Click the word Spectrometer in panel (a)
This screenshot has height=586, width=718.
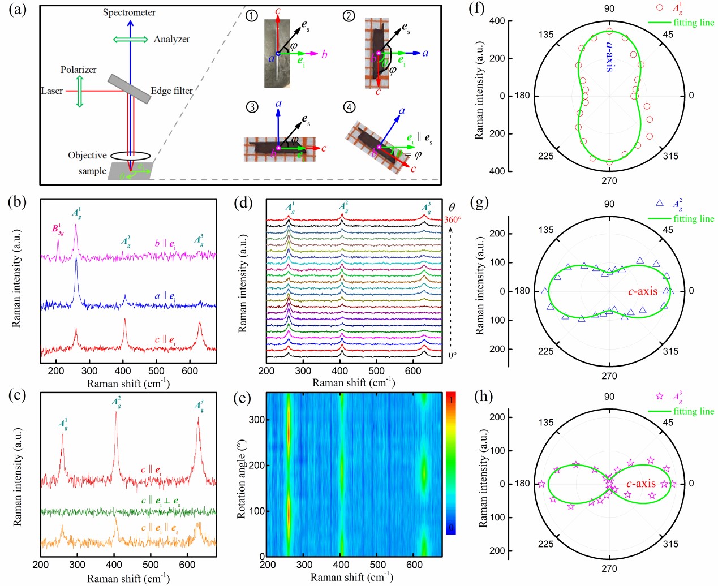(129, 12)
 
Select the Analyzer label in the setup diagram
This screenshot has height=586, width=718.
(171, 39)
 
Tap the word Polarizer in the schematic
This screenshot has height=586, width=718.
(78, 70)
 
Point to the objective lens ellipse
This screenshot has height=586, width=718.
(131, 155)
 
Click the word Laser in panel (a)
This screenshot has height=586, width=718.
(51, 91)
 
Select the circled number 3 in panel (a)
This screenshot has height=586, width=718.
(252, 106)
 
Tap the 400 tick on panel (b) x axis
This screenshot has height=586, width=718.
(123, 371)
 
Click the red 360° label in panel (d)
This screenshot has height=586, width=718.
(452, 219)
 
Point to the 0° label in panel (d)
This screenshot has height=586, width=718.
(452, 355)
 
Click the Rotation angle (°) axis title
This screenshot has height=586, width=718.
(242, 478)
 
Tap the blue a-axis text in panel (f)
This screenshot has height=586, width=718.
(609, 57)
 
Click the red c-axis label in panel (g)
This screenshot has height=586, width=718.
(643, 292)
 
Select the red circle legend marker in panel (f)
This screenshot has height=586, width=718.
(659, 8)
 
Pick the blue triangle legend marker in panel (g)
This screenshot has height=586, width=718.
(659, 203)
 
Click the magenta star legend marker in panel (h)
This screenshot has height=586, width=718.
(659, 396)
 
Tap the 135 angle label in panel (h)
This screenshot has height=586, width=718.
(546, 423)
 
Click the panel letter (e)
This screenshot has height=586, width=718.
(243, 396)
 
